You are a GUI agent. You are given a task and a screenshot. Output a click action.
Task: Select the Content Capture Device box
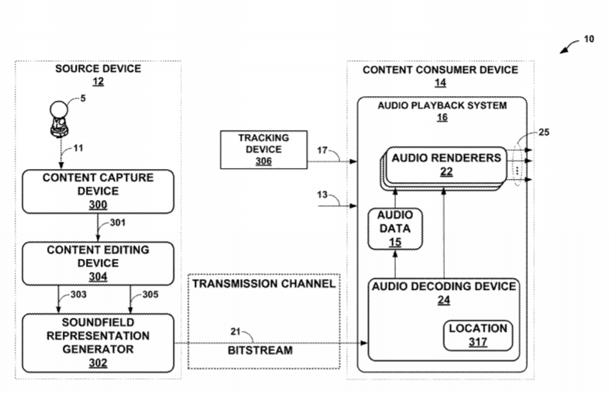[98, 191]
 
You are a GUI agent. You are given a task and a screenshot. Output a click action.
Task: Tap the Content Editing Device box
[98, 263]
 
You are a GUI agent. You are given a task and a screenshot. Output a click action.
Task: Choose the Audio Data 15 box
[394, 229]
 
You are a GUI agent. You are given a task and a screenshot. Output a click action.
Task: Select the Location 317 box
[478, 335]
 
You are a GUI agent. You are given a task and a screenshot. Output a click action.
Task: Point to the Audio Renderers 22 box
[446, 164]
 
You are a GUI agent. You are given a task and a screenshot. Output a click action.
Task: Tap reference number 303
[77, 295]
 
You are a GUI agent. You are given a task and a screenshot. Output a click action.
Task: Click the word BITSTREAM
[260, 350]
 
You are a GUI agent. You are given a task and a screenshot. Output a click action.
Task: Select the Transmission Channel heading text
[263, 284]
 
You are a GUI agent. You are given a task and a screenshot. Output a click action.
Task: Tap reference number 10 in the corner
[589, 39]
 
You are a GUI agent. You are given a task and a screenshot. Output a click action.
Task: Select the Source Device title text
[98, 69]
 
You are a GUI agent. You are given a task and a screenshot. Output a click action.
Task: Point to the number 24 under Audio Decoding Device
[444, 299]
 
